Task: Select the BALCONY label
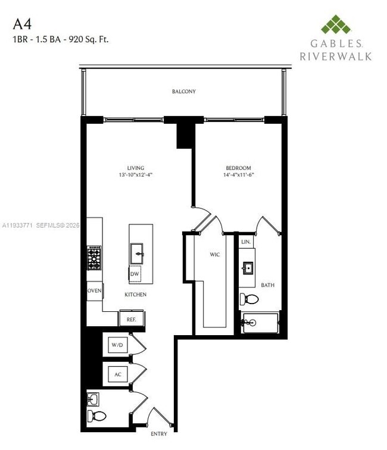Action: (184, 92)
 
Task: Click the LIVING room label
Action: (136, 168)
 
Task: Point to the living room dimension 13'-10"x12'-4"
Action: (136, 176)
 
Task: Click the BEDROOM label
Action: (238, 168)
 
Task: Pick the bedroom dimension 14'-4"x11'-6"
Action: (238, 176)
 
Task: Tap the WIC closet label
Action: (215, 255)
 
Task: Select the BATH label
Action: (268, 285)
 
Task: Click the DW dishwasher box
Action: (136, 273)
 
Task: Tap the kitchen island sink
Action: (138, 253)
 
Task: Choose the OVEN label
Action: (95, 290)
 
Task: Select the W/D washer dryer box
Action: (116, 345)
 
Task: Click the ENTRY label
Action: (159, 433)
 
